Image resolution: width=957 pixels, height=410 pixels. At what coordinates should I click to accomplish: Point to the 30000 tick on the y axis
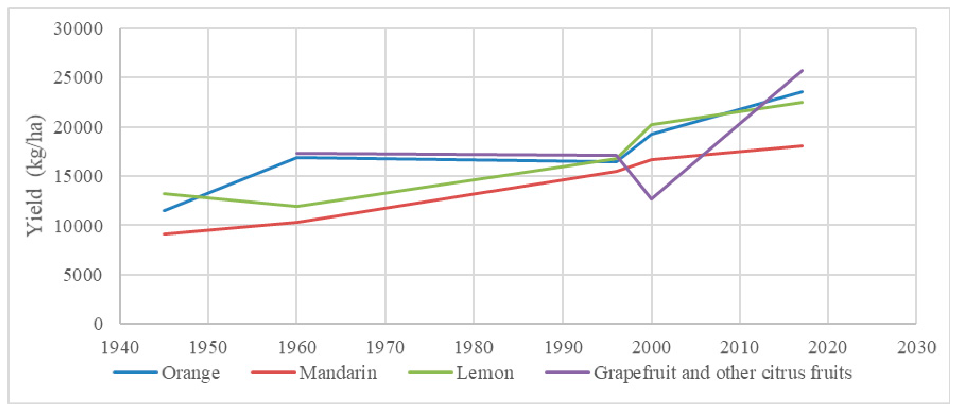[78, 29]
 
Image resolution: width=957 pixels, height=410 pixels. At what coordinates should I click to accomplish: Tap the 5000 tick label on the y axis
[83, 275]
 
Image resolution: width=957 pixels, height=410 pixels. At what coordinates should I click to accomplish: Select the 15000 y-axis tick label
[78, 176]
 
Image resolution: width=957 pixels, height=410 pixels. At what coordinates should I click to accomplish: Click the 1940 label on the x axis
[120, 348]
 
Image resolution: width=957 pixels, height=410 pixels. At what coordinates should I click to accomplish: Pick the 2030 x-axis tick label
[916, 348]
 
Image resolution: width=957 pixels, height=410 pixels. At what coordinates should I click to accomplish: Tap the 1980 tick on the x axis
[474, 348]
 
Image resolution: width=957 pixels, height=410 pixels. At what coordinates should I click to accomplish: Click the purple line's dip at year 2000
[651, 199]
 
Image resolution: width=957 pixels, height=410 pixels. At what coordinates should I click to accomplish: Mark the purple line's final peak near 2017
[803, 70]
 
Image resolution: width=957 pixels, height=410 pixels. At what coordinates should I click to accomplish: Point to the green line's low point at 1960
[296, 206]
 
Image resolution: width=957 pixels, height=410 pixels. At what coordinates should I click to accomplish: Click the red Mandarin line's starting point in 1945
[164, 234]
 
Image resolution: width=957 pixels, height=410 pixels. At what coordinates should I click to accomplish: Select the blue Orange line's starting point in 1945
[164, 211]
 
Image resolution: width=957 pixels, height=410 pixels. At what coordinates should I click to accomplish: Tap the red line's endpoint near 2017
[803, 146]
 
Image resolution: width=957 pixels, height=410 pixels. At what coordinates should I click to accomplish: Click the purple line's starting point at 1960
[296, 153]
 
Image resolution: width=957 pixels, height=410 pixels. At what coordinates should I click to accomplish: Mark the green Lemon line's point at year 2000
[651, 125]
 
